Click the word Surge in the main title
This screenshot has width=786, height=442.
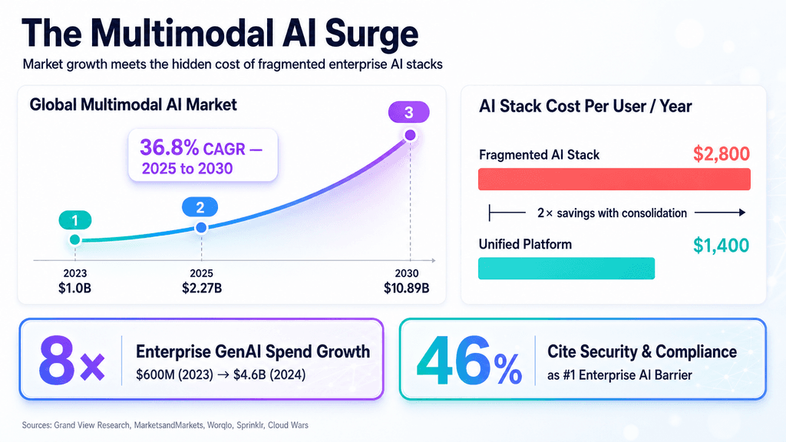point(372,34)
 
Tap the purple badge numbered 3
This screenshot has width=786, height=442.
point(408,112)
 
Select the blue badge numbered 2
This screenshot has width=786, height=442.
point(200,207)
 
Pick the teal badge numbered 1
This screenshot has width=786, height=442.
point(74,220)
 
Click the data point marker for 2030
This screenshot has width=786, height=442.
point(410,135)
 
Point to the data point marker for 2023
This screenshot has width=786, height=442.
point(75,239)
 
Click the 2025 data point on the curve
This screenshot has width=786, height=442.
point(201,227)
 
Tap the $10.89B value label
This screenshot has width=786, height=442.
point(407,289)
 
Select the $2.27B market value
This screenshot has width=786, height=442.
point(202,289)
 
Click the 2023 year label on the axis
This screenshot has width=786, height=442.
point(75,273)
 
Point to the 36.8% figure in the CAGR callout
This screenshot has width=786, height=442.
point(170,147)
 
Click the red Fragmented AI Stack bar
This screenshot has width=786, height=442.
point(614,180)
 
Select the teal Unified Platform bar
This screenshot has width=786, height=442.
point(566,268)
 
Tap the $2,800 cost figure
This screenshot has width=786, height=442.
point(722,153)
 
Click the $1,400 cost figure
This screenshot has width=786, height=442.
point(722,245)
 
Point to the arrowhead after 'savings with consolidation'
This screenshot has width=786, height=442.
point(742,213)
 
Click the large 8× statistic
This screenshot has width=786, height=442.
point(71,360)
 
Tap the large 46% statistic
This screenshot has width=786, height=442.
point(469,360)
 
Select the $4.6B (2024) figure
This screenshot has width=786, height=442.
point(269,374)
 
